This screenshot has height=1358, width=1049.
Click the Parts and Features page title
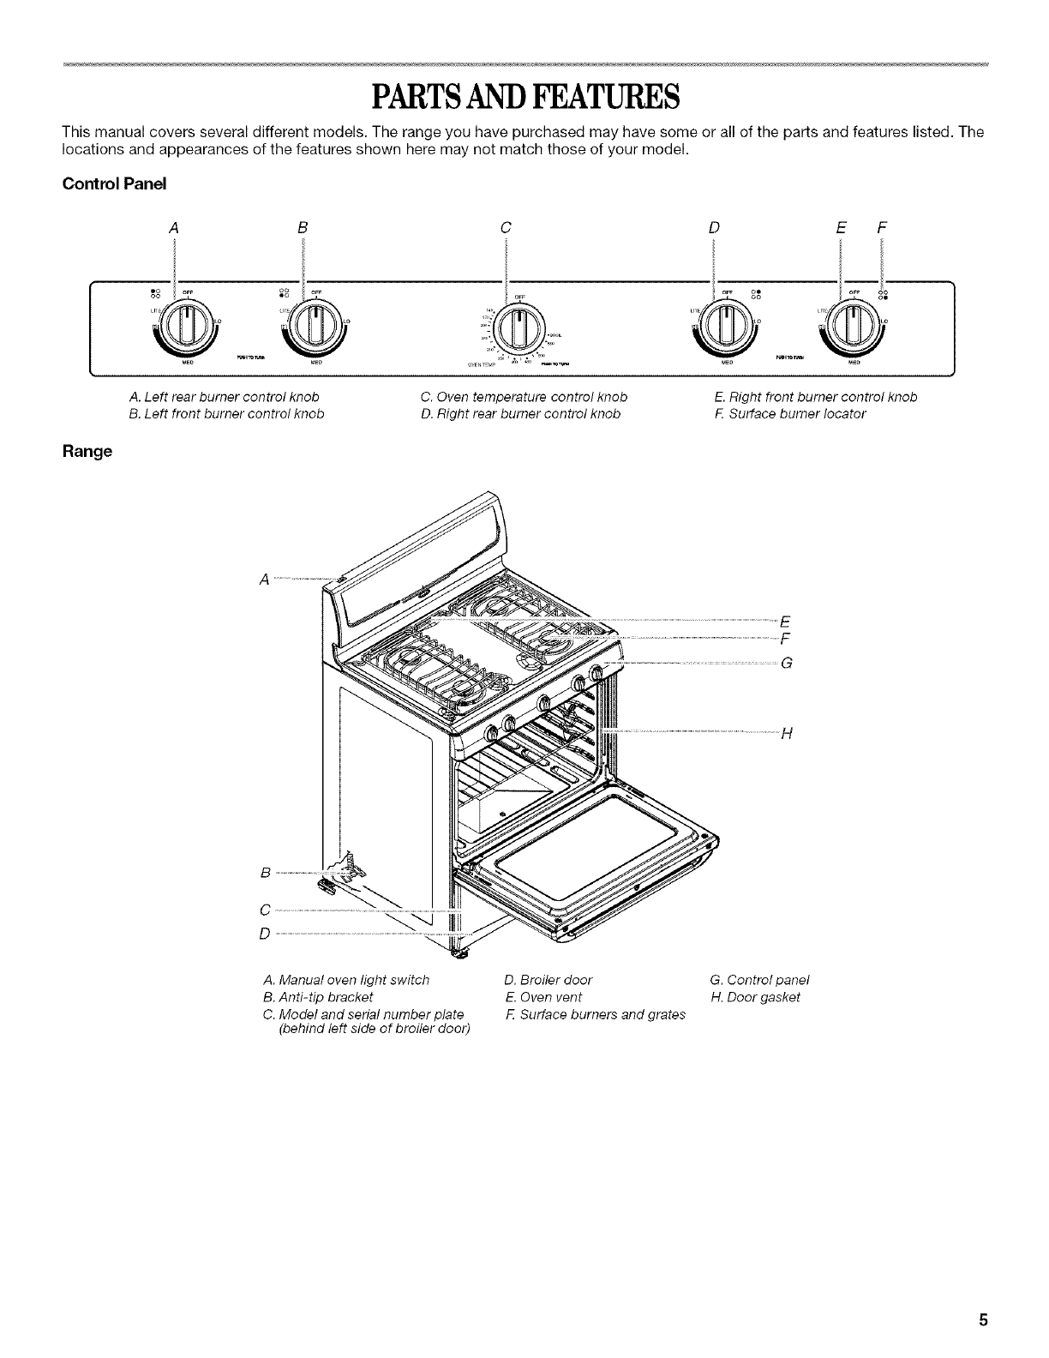[x=524, y=97]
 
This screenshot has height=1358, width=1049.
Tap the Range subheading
[x=87, y=452]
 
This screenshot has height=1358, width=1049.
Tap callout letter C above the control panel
[x=506, y=228]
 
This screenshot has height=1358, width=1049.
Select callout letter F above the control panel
[x=882, y=228]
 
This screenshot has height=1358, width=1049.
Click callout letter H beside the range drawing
[x=787, y=732]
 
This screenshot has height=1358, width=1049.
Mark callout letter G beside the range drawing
[x=787, y=661]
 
